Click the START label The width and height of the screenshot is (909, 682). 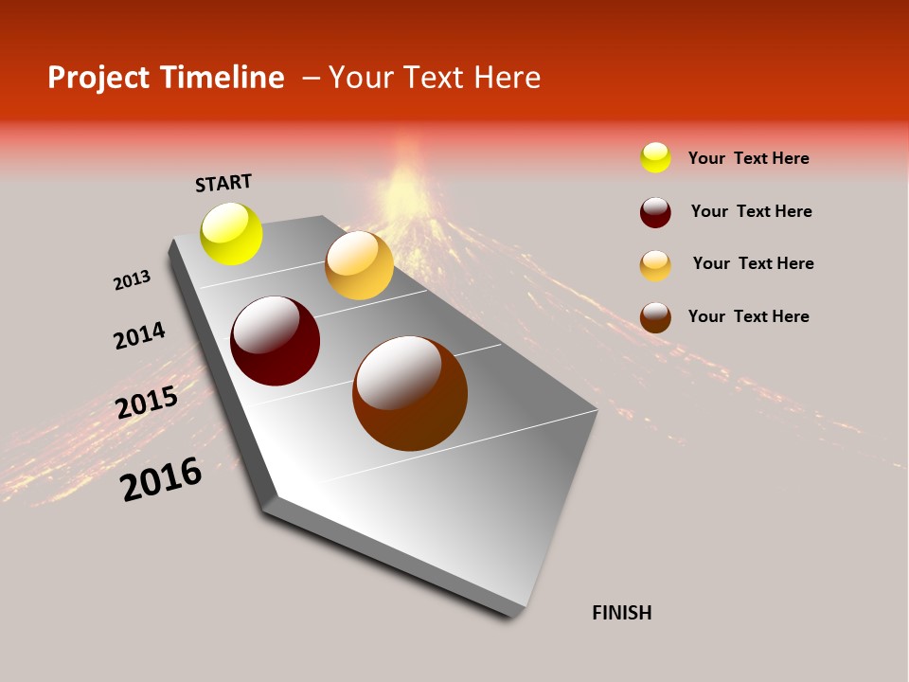(223, 183)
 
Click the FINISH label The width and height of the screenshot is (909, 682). (621, 613)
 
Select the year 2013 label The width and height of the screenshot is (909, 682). (132, 280)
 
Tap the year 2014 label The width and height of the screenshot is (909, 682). (139, 335)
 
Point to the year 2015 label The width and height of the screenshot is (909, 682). (147, 403)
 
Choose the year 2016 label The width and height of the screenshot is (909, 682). (161, 479)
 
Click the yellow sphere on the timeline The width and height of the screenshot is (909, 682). (231, 233)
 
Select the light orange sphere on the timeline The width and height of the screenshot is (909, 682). (359, 265)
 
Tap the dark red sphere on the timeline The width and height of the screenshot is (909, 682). (275, 341)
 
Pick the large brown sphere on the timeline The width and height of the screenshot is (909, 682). (410, 393)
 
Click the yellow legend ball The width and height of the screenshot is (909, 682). (655, 157)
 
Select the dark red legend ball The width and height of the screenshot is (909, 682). (655, 212)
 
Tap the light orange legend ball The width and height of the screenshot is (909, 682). (655, 265)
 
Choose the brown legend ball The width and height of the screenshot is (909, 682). (655, 317)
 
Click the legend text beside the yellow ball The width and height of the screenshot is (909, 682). (748, 158)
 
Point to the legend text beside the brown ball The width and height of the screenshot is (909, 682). (748, 316)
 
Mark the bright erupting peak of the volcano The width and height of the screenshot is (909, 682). (405, 180)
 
